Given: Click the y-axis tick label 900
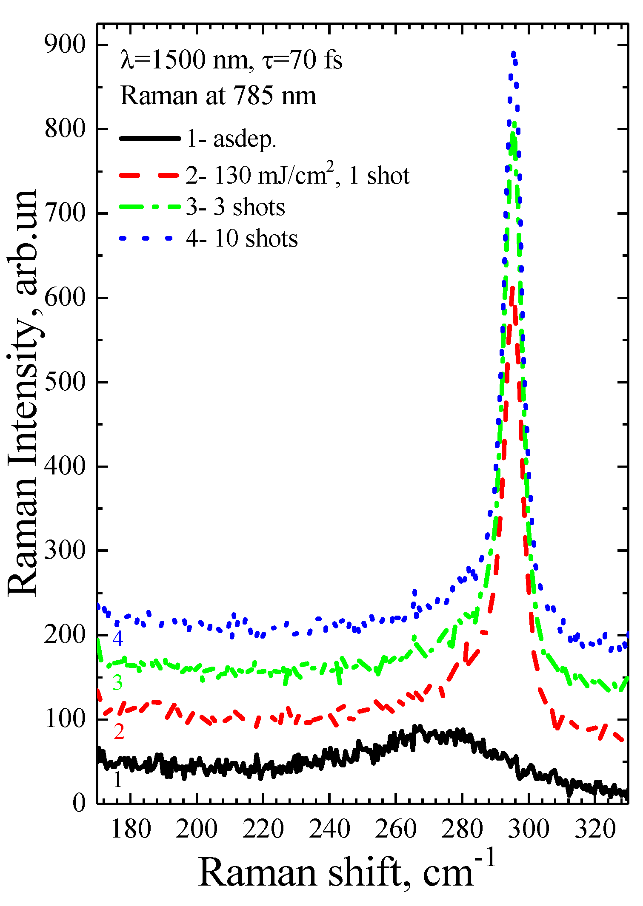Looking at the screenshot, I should pos(65,45).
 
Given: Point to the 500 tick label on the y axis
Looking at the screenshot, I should pos(65,382).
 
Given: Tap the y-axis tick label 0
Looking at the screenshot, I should pos(79,804).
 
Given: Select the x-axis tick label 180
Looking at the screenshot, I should pos(131,829).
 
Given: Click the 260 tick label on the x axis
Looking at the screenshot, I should pos(396,829).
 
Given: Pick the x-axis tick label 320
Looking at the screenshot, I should pos(595,829).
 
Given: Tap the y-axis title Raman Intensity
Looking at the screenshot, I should pos(23,393).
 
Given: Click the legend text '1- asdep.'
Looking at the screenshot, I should pos(232,139).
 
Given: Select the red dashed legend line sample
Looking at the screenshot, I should pos(149,175).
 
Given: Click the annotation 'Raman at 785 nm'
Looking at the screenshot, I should pos(218,96).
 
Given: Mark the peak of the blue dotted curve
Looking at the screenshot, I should pos(513,54).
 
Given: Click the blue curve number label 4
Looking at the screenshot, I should pos(117,639).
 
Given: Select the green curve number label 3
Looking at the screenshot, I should pos(117,683).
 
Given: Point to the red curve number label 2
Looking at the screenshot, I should pos(119,731).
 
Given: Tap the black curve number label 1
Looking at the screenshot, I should pos(118,779).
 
